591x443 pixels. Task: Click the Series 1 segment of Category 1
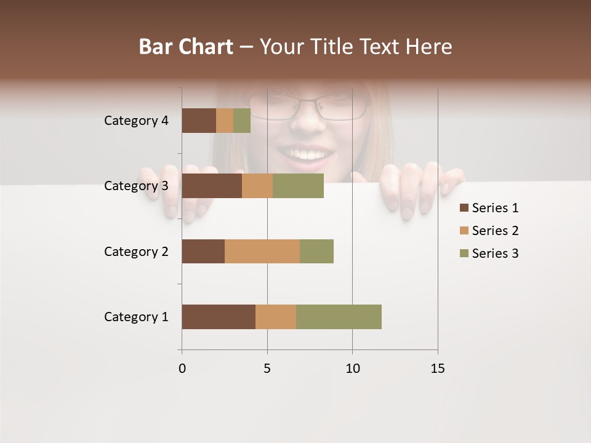tap(219, 316)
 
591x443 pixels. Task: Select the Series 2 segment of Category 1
tap(276, 316)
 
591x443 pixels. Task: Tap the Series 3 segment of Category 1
tap(339, 316)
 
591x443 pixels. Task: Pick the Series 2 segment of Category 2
tap(262, 251)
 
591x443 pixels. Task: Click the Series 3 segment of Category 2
tap(316, 251)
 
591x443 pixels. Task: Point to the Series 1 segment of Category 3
tap(212, 186)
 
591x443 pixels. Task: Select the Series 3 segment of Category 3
tap(298, 186)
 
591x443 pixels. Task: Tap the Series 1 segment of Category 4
tap(199, 121)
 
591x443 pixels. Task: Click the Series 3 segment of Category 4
tap(242, 121)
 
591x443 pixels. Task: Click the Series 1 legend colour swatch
tap(464, 208)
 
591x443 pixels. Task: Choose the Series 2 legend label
tap(495, 231)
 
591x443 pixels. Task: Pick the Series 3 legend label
tap(495, 253)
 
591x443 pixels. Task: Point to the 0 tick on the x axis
tap(182, 369)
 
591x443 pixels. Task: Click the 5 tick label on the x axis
tap(267, 369)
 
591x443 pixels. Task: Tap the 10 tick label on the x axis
tap(352, 369)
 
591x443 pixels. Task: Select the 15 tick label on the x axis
tap(437, 369)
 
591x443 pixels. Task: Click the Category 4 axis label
tap(136, 121)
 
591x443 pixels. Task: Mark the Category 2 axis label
tap(136, 251)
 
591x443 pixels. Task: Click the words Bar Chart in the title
tap(186, 47)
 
